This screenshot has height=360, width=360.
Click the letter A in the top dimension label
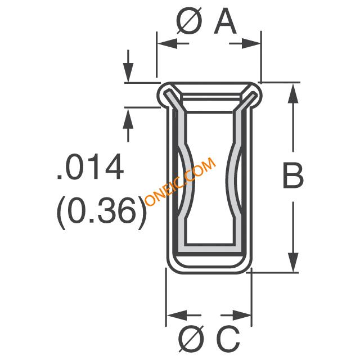click(225, 21)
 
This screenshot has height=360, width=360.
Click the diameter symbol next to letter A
click(190, 21)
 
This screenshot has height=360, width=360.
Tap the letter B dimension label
click(293, 175)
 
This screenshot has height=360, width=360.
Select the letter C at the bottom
click(228, 339)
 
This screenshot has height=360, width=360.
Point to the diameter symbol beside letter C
click(191, 339)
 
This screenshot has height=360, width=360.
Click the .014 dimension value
click(90, 166)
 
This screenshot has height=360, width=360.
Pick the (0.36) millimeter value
click(101, 213)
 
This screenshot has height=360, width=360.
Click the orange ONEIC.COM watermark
click(181, 181)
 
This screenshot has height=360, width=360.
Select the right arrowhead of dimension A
click(250, 43)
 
